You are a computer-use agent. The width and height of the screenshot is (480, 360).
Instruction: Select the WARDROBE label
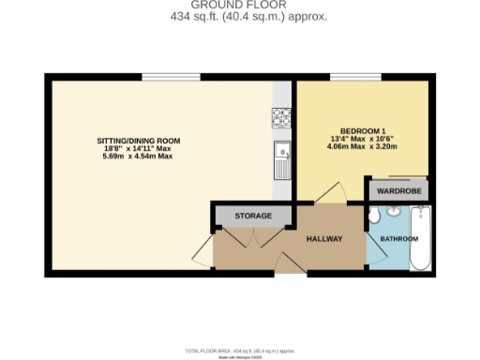[x=399, y=191]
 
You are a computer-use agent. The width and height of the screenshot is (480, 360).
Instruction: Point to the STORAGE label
[x=253, y=216]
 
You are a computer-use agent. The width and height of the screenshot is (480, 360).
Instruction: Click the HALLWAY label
[x=324, y=239]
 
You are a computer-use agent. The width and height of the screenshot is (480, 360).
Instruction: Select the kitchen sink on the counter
[x=282, y=154]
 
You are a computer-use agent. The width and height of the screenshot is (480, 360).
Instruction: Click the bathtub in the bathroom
[x=419, y=240]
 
